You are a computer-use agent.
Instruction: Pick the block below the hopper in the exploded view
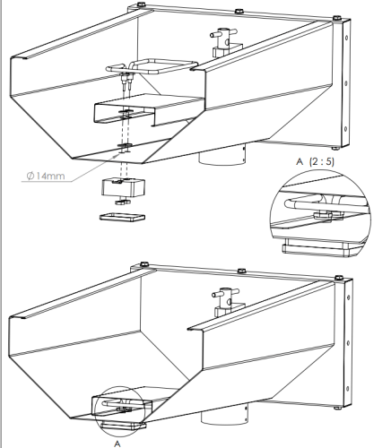tap(124, 188)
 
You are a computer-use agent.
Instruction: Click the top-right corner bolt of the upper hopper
tap(335, 19)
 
